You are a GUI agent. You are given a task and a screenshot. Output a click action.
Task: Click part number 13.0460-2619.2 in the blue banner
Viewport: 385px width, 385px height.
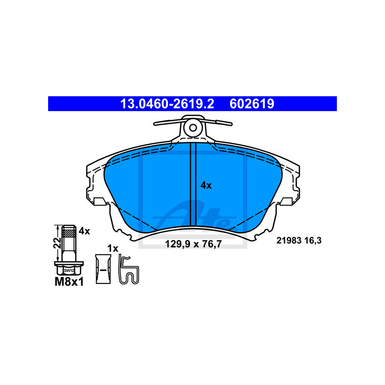point(167,103)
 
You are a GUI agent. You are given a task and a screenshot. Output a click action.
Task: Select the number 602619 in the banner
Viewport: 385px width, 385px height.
point(252,103)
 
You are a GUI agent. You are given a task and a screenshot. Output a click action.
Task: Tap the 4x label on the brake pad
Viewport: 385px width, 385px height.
point(206,185)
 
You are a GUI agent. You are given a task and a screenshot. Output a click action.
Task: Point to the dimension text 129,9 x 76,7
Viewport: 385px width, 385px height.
point(193,244)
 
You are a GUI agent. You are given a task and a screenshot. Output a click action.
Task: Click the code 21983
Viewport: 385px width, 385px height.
point(289,240)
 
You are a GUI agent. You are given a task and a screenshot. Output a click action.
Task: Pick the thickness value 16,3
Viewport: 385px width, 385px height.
point(313,241)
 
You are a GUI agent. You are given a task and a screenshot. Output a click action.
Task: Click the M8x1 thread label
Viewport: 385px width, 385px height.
point(69,282)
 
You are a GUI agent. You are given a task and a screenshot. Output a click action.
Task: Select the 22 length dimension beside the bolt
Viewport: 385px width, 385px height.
point(57,243)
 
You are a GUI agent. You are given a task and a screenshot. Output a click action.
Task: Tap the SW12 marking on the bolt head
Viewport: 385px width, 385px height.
point(69,270)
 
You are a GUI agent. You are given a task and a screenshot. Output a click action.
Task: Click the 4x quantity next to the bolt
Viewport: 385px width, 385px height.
point(84,231)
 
